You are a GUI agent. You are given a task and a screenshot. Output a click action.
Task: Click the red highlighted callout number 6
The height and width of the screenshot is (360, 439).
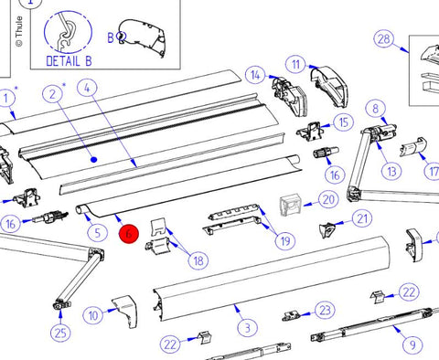[129, 234]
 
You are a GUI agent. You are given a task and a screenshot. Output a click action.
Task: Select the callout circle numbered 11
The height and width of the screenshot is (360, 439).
[295, 65]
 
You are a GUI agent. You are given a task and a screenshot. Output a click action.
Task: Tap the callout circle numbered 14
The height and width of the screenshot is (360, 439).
[255, 75]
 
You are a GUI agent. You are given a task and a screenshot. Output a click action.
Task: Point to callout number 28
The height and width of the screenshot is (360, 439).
[384, 39]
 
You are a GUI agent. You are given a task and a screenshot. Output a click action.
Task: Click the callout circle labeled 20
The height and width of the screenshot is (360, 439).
[328, 199]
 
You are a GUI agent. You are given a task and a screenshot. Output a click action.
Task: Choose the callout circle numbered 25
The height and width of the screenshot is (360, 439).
[60, 333]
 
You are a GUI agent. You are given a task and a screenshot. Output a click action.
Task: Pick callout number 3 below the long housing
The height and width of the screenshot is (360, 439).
[247, 328]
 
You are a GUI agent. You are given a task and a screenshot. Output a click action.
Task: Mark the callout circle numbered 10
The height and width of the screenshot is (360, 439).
[93, 315]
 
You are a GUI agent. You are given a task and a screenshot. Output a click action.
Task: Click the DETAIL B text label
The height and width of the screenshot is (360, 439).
[69, 61]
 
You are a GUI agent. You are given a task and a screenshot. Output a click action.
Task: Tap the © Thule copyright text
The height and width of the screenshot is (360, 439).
[19, 31]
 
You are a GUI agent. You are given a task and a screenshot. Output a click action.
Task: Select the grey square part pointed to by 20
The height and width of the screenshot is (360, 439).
[291, 206]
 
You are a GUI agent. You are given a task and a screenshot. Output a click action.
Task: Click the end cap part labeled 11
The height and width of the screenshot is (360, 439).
[328, 86]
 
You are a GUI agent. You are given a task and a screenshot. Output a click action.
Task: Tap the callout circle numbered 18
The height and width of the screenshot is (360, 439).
[198, 260]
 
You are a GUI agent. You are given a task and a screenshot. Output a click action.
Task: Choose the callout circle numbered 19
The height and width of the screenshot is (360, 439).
[285, 241]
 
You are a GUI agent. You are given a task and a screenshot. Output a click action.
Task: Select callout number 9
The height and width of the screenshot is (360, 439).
[412, 345]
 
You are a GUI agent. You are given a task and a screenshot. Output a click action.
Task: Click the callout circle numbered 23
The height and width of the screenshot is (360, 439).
[325, 310]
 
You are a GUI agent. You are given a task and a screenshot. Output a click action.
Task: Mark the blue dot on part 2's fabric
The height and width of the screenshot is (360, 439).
[94, 159]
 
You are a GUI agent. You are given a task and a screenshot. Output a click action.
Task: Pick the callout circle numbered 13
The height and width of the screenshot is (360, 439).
[391, 172]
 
